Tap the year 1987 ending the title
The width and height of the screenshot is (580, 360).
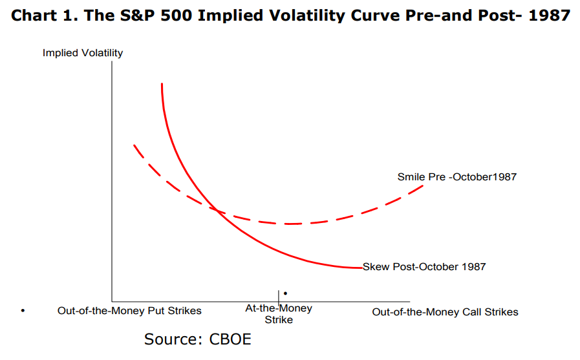click(550, 15)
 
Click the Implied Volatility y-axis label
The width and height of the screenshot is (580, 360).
click(83, 53)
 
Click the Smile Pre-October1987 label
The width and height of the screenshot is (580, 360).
click(456, 176)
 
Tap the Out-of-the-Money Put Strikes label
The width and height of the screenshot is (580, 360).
click(129, 311)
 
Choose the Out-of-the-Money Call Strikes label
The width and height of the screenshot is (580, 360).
click(445, 312)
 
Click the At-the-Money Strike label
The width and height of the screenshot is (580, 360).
click(279, 314)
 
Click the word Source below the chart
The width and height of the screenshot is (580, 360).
click(171, 339)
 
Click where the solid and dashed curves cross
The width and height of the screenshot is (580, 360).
click(216, 210)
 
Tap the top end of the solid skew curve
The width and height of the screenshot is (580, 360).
click(162, 84)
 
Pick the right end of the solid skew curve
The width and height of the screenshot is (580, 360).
click(361, 267)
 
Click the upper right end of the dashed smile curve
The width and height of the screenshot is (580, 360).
click(424, 186)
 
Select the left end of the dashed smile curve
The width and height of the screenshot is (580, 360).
click(134, 145)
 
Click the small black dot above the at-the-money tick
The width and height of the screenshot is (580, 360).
click(285, 293)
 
